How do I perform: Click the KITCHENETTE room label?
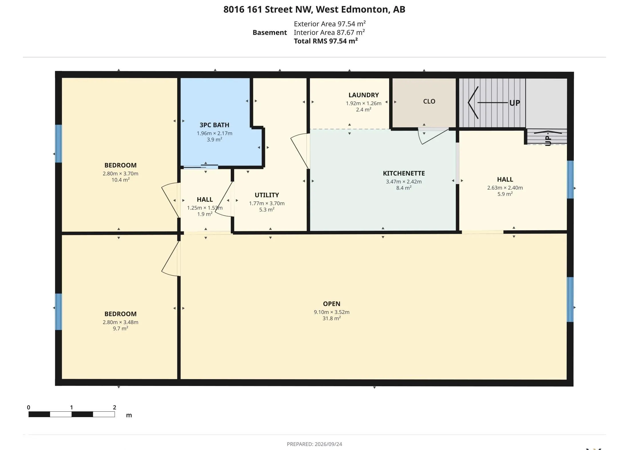pyautogui.click(x=404, y=173)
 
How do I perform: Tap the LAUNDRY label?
pyautogui.click(x=363, y=95)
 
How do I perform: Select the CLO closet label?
pyautogui.click(x=429, y=101)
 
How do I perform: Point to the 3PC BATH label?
pyautogui.click(x=214, y=125)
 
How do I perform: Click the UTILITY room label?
pyautogui.click(x=267, y=195)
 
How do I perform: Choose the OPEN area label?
pyautogui.click(x=332, y=304)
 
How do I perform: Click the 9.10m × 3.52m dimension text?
pyautogui.click(x=332, y=312)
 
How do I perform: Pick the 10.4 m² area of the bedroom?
pyautogui.click(x=120, y=180)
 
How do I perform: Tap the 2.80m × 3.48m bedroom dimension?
pyautogui.click(x=120, y=322)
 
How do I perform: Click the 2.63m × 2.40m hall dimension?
pyautogui.click(x=505, y=188)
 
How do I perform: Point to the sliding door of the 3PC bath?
pyautogui.click(x=201, y=166)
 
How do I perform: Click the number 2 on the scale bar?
pyautogui.click(x=115, y=407)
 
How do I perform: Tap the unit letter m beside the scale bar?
pyautogui.click(x=129, y=415)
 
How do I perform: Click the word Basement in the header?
pyautogui.click(x=270, y=33)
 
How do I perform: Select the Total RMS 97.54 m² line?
pyautogui.click(x=326, y=41)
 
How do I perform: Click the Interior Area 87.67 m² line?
pyautogui.click(x=329, y=32)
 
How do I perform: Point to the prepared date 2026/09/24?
pyautogui.click(x=328, y=444)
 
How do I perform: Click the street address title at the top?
pyautogui.click(x=314, y=9)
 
